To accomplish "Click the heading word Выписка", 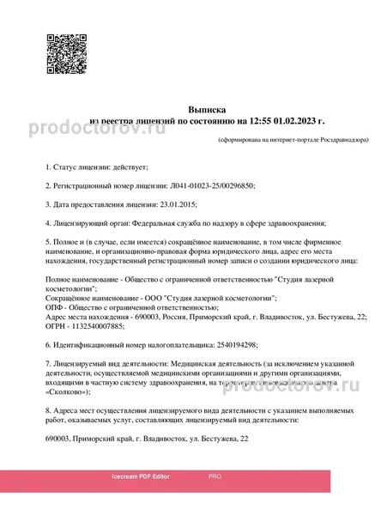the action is (x=207, y=110).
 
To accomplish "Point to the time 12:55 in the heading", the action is (x=261, y=122).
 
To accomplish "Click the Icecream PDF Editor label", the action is (x=140, y=475).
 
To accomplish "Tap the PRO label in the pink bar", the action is (x=215, y=475).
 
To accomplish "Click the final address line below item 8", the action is (x=147, y=438).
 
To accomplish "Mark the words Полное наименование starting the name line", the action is (x=82, y=280).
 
